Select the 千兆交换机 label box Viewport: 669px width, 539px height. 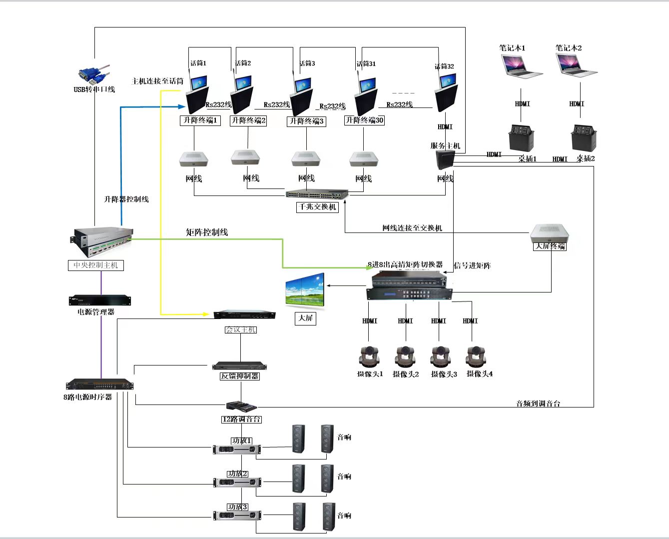pyautogui.click(x=317, y=207)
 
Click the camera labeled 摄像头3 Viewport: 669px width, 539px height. pyautogui.click(x=442, y=356)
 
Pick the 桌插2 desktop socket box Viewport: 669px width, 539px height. pyautogui.click(x=584, y=138)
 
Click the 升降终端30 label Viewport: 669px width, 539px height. pyautogui.click(x=364, y=120)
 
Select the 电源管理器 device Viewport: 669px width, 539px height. pyautogui.click(x=100, y=300)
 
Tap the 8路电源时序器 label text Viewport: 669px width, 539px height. pyautogui.click(x=88, y=397)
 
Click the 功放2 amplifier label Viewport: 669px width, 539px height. pyautogui.click(x=238, y=473)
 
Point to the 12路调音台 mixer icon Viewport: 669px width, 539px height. pyautogui.click(x=242, y=405)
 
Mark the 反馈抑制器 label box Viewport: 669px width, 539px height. pyautogui.click(x=240, y=376)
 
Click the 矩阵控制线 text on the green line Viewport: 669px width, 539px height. pyautogui.click(x=207, y=232)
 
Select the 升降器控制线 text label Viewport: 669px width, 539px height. pyautogui.click(x=126, y=199)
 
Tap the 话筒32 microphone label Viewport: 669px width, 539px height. pyautogui.click(x=444, y=66)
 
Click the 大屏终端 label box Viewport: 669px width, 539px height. pyautogui.click(x=550, y=246)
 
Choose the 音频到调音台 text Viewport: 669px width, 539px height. pyautogui.click(x=538, y=403)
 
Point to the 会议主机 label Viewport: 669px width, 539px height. pyautogui.click(x=241, y=329)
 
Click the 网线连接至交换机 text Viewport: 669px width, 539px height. pyautogui.click(x=412, y=228)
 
